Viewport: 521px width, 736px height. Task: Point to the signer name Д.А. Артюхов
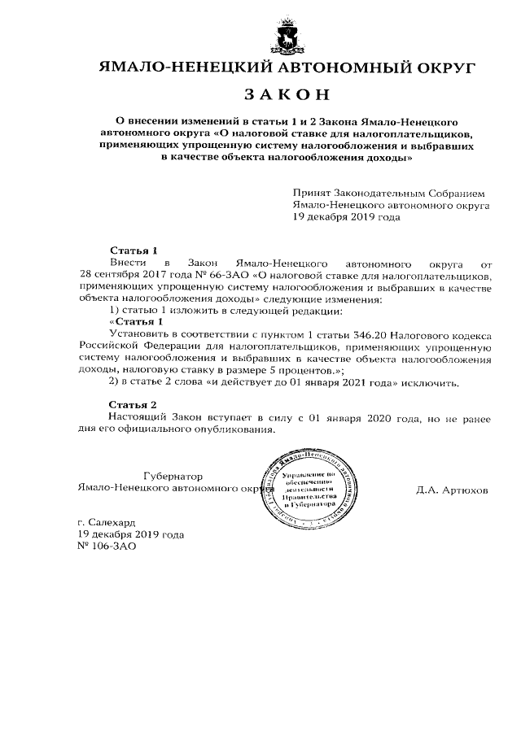(452, 491)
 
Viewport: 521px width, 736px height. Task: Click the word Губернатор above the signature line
(172, 476)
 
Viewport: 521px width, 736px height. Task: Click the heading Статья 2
(133, 404)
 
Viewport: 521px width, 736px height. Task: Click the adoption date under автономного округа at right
(347, 218)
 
